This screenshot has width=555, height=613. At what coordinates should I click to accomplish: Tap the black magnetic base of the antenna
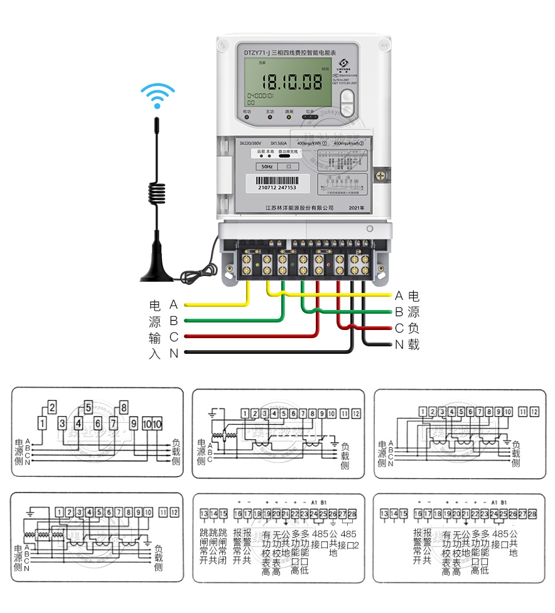pyautogui.click(x=158, y=273)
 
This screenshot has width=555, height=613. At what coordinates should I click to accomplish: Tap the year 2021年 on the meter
pyautogui.click(x=356, y=207)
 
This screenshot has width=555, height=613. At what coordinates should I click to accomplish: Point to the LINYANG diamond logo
pyautogui.click(x=343, y=63)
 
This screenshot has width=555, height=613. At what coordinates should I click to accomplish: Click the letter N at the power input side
pyautogui.click(x=174, y=353)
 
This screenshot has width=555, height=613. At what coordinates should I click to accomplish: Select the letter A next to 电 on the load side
pyautogui.click(x=399, y=296)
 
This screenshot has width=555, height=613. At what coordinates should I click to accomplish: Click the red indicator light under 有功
pyautogui.click(x=246, y=117)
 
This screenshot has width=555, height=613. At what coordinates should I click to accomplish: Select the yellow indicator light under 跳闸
pyautogui.click(x=289, y=117)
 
